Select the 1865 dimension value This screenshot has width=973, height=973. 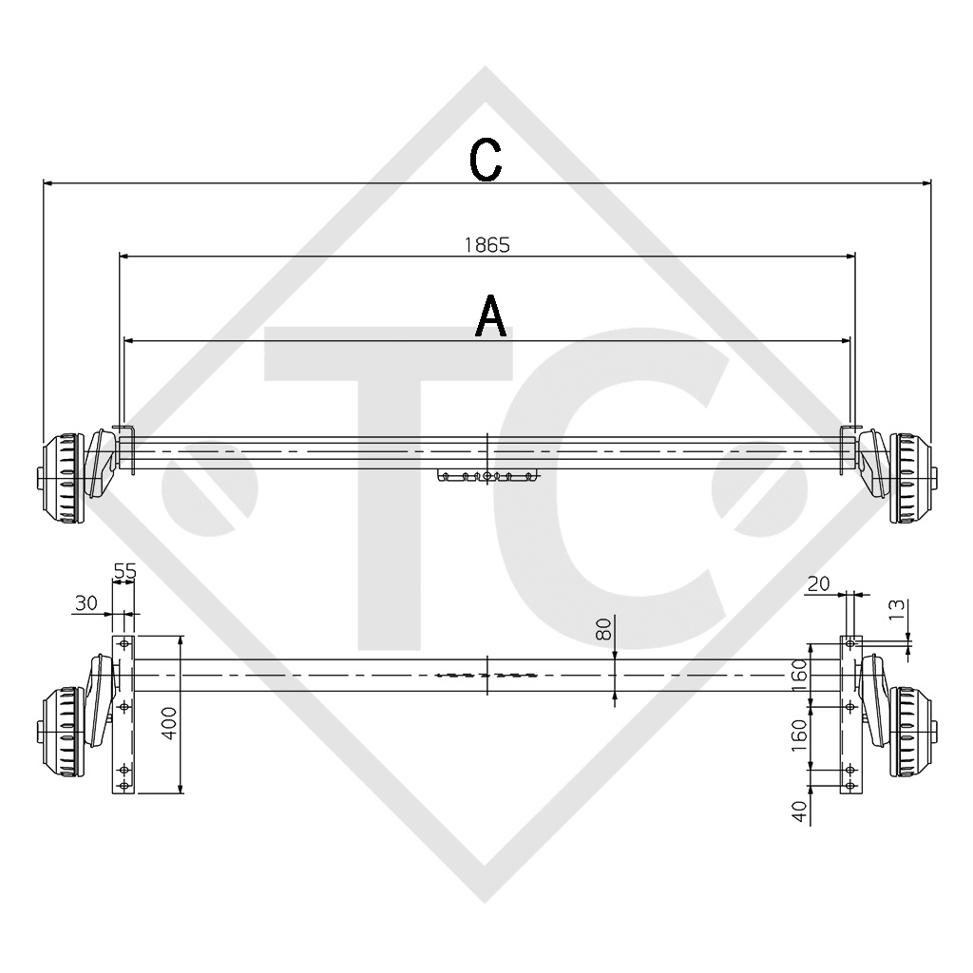click(x=486, y=243)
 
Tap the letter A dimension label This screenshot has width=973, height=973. click(x=490, y=316)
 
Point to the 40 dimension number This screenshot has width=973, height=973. click(x=799, y=811)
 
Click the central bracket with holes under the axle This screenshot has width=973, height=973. click(x=487, y=475)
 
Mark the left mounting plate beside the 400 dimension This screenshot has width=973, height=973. click(x=124, y=715)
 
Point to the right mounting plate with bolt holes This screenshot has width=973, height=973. click(x=849, y=715)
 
